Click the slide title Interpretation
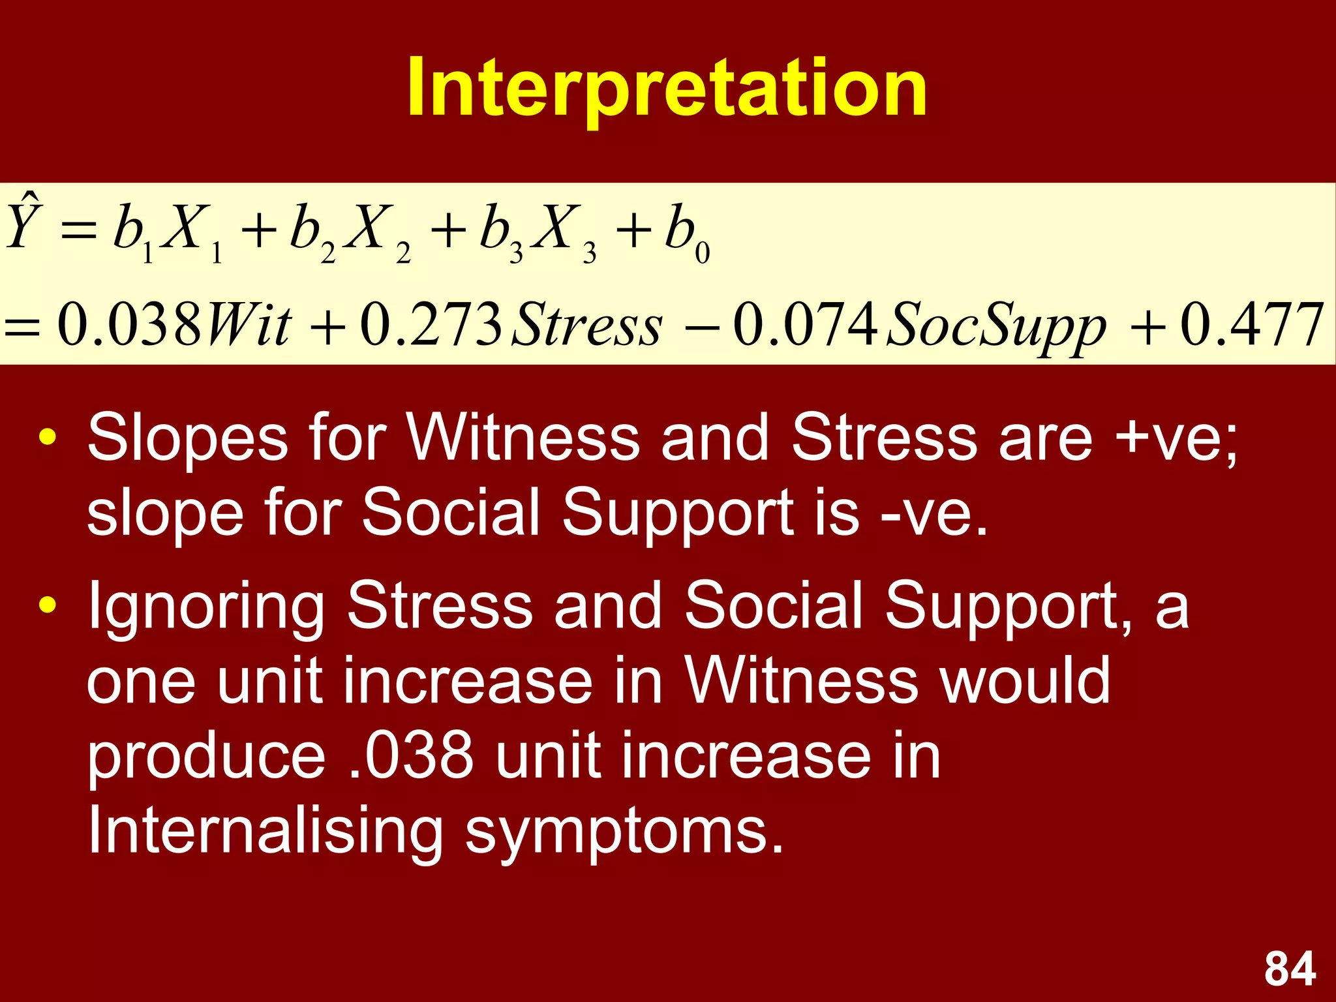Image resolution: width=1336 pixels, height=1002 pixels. coord(667,88)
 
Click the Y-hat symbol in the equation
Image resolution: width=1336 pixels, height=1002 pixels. coord(23,222)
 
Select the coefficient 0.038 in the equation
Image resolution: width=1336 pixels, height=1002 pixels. coord(129,325)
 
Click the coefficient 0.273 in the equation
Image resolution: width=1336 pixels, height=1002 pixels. coord(431,325)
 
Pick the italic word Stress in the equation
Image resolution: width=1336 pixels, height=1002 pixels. coord(586,325)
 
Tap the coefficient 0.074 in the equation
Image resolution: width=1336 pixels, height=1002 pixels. coord(805,325)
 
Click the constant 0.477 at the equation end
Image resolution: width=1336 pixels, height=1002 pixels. coord(1252,325)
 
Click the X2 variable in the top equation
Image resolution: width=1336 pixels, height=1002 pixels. coord(375,232)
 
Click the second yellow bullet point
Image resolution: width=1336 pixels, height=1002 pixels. coord(48,605)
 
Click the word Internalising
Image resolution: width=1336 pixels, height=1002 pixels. coord(265,831)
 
